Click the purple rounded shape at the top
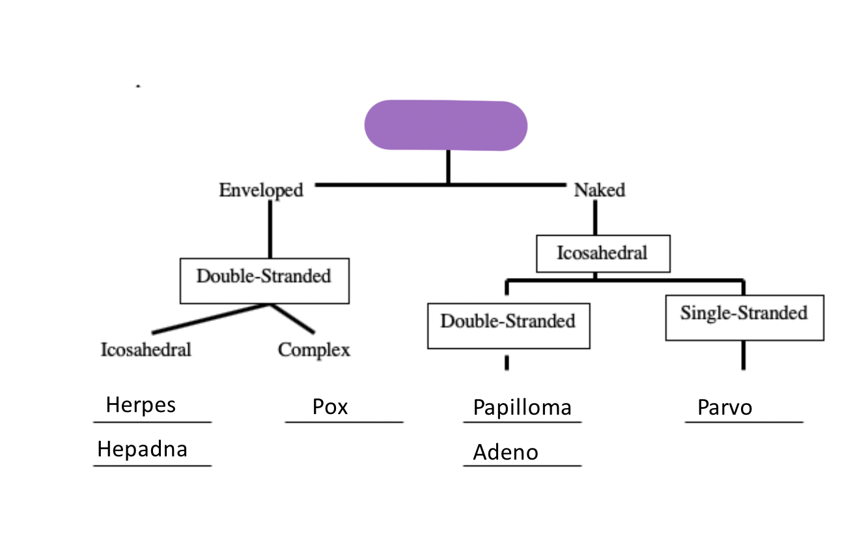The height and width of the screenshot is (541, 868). (x=445, y=126)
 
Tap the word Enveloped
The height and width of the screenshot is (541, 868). (x=261, y=190)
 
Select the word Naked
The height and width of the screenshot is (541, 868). (x=599, y=190)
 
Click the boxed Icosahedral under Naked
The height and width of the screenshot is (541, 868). (x=602, y=253)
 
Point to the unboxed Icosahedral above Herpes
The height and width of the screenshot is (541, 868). (x=146, y=350)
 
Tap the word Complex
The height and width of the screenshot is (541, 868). (x=314, y=350)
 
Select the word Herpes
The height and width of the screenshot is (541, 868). (x=141, y=405)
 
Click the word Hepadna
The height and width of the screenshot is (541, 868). (x=142, y=449)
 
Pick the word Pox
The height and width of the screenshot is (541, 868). (x=330, y=407)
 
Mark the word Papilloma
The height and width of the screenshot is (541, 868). (x=522, y=408)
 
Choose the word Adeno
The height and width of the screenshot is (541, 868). (x=505, y=452)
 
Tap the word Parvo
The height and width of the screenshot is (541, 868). (x=725, y=408)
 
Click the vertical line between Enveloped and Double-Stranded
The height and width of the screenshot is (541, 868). (x=270, y=229)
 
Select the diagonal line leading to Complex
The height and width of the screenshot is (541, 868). (x=292, y=319)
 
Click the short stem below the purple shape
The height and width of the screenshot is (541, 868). (x=447, y=167)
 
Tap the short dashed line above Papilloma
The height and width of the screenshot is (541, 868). (x=507, y=363)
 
